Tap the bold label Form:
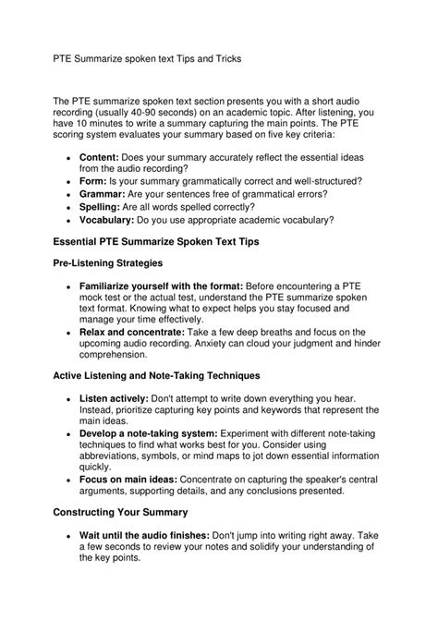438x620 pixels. [96, 183]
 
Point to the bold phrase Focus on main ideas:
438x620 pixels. [128, 480]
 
